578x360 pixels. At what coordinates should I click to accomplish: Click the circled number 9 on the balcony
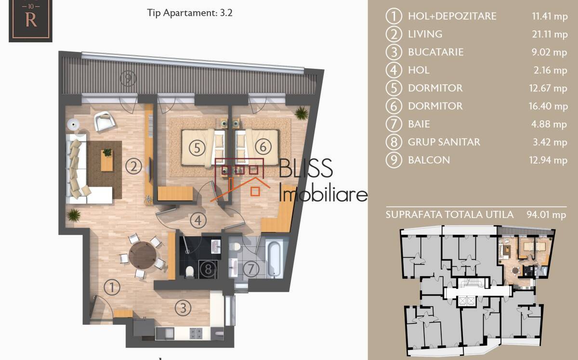coord(128,77)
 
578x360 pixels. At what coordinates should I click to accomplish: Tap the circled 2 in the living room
coord(134,166)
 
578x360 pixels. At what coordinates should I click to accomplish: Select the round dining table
coord(143,255)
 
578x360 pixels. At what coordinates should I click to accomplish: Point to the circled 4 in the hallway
coord(198,220)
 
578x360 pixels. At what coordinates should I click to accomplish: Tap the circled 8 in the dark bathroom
coord(208,269)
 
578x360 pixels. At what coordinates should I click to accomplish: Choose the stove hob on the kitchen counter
coord(196,334)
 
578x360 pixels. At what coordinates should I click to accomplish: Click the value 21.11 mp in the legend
coord(550,34)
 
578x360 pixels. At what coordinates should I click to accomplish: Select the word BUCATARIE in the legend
coord(436,52)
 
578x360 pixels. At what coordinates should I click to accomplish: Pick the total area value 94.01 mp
coord(546,215)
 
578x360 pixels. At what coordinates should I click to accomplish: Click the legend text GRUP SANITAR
coord(444,142)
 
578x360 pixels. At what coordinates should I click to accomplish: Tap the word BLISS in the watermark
coord(306,168)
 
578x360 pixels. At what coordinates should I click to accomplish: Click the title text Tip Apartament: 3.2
coord(190,13)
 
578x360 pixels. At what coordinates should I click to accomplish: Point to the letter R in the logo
coord(31,20)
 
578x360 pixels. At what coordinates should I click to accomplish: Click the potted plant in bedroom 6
coord(302,113)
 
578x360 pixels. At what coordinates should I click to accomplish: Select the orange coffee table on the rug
coord(107,160)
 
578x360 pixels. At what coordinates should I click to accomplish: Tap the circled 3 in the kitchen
coord(183,308)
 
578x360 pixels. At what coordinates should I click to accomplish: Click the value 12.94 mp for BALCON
coord(548,160)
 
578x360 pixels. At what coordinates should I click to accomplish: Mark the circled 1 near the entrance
coord(112,287)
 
